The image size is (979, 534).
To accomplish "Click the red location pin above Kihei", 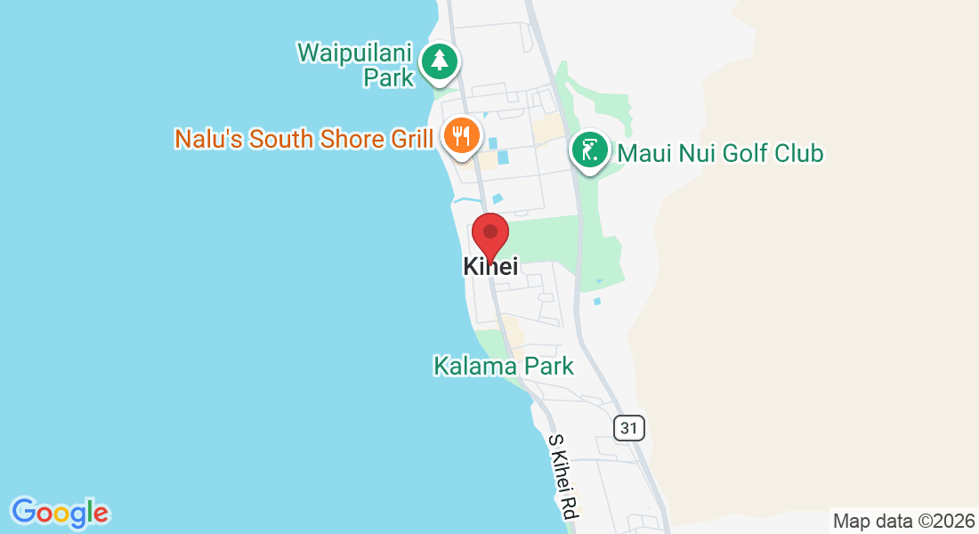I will pyautogui.click(x=489, y=235).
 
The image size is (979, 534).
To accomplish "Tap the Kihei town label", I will pyautogui.click(x=490, y=266).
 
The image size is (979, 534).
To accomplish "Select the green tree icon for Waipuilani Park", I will pyautogui.click(x=439, y=61).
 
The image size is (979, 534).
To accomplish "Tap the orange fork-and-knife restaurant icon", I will pyautogui.click(x=461, y=136).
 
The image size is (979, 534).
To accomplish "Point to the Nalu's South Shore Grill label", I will pyautogui.click(x=303, y=139).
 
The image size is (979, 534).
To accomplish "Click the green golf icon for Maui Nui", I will pyautogui.click(x=589, y=150).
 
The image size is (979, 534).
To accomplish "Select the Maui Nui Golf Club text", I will pyautogui.click(x=720, y=153).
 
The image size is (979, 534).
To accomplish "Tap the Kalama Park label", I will pyautogui.click(x=503, y=366).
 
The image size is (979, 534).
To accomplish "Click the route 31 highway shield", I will pyautogui.click(x=629, y=427).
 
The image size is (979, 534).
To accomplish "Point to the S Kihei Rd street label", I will pyautogui.click(x=563, y=477).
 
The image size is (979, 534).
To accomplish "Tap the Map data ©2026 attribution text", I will pyautogui.click(x=902, y=521).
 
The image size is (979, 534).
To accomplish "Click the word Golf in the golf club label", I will pyautogui.click(x=745, y=153).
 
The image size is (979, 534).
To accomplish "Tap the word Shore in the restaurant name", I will pyautogui.click(x=353, y=139).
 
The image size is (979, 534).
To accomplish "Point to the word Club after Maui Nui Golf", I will pyautogui.click(x=797, y=153).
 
